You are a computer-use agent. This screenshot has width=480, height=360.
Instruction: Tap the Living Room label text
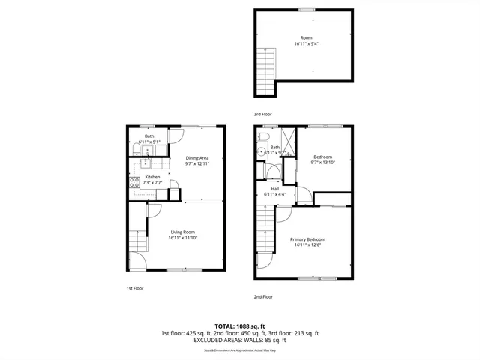[x=183, y=232]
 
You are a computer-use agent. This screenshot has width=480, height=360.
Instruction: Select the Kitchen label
[x=152, y=177]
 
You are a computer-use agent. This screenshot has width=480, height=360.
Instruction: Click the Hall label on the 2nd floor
[x=274, y=189]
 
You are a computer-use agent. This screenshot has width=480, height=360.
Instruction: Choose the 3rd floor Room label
[x=307, y=37]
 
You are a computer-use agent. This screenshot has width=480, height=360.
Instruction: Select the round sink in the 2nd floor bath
[x=261, y=151]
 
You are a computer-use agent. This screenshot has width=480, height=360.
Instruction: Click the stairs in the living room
[x=137, y=241]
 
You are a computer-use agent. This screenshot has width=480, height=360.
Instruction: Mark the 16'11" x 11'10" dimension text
[x=183, y=238]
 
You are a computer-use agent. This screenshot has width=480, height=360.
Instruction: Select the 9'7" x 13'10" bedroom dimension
[x=323, y=163]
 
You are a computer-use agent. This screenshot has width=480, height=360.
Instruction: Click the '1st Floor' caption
[x=134, y=288]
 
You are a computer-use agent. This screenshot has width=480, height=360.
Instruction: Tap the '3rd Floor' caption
[x=263, y=113]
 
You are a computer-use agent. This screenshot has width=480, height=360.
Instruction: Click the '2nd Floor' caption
[x=263, y=296]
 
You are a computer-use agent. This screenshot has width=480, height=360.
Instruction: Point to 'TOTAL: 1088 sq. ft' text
[x=239, y=326]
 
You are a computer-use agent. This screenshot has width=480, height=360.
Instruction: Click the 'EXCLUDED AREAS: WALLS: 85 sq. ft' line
[x=239, y=340]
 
